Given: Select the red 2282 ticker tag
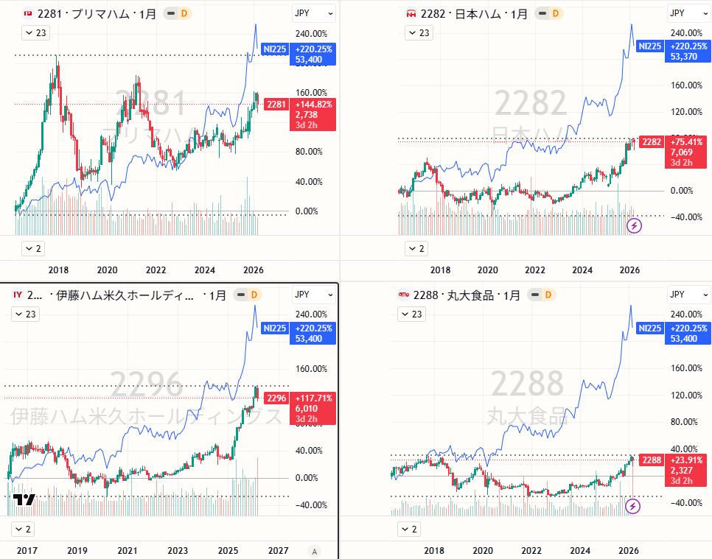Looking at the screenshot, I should (x=652, y=141).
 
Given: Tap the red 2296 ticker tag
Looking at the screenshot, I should (x=276, y=398).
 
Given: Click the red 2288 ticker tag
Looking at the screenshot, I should (x=652, y=460).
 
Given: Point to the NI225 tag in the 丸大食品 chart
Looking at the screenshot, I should (x=649, y=328).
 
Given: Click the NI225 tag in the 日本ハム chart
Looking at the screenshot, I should (x=649, y=46).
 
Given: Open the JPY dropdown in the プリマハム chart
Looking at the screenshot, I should (x=313, y=13).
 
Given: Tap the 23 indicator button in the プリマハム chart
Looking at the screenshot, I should (x=35, y=32).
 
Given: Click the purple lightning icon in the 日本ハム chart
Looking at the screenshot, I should (x=634, y=225).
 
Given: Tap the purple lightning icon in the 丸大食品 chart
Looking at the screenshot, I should (x=633, y=506).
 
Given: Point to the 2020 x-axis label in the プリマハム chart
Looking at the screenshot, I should (x=107, y=270).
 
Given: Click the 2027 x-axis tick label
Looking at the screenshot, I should (x=278, y=551).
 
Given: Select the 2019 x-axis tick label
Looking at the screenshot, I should (x=77, y=551).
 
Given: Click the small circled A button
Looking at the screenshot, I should (x=315, y=551).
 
